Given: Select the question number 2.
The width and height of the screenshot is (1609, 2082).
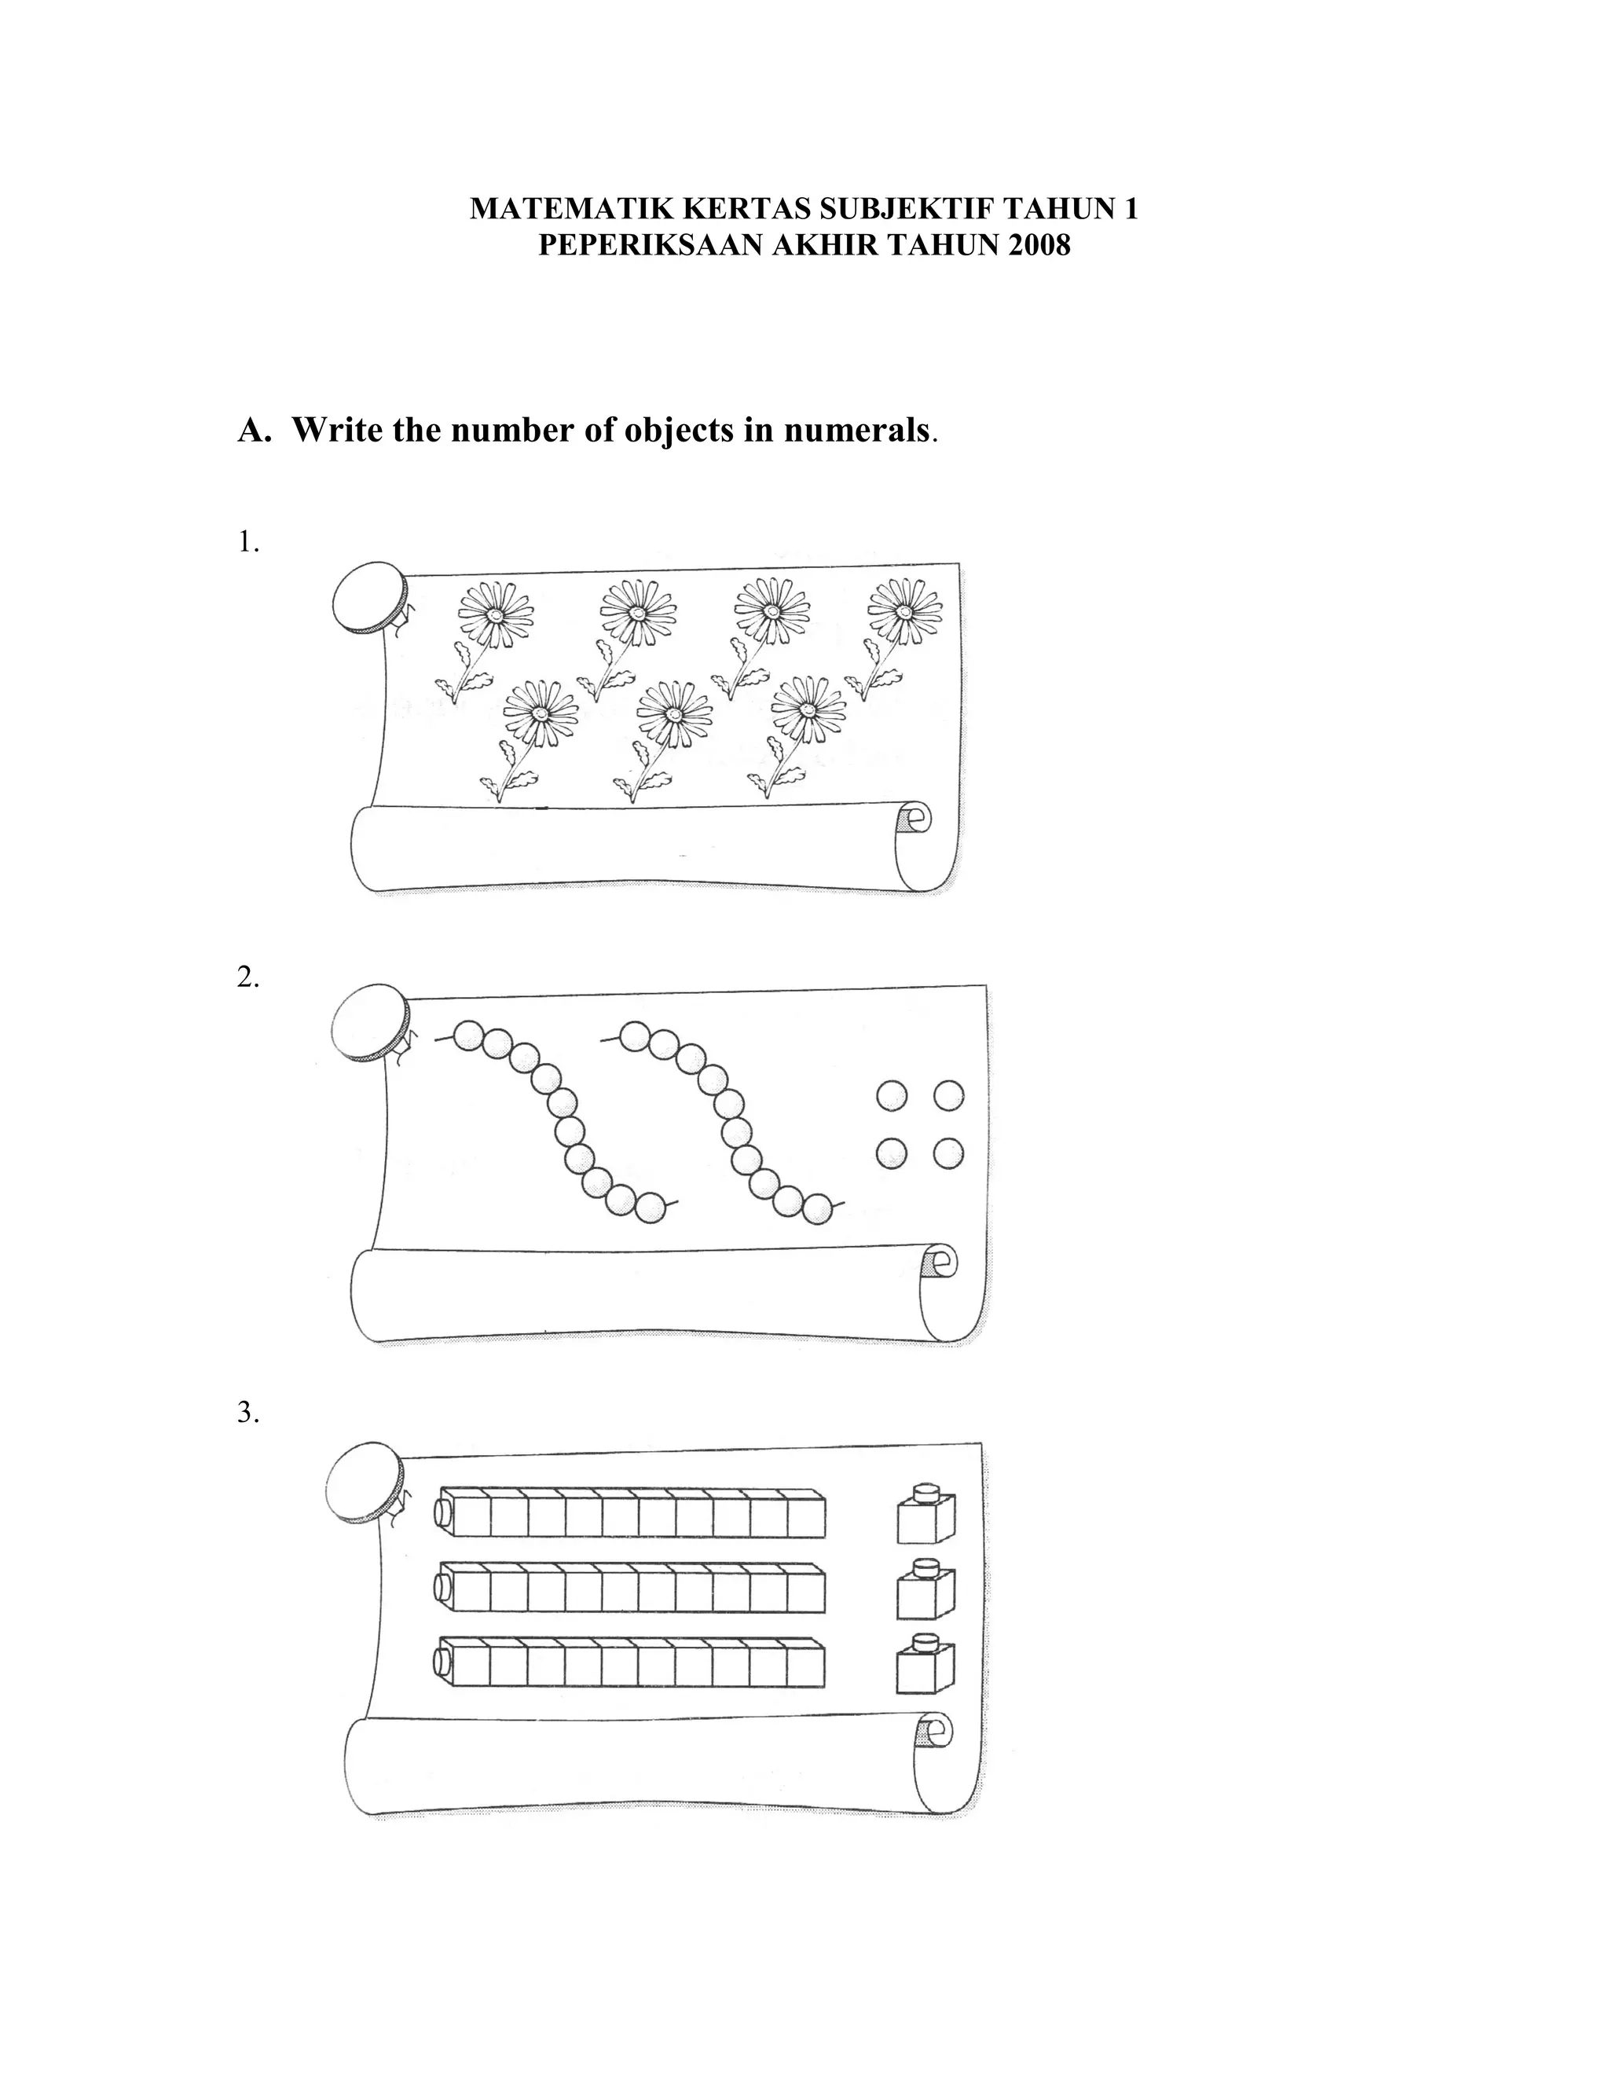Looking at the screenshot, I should coord(247,977).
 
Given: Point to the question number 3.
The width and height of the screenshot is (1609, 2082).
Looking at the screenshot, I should coord(247,1412).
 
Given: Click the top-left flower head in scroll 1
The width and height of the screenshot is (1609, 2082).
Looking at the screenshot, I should coord(495,615).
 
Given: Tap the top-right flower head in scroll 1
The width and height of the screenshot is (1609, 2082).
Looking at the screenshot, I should coord(903,611).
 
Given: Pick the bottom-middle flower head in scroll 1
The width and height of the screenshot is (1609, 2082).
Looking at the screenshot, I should coord(674,715).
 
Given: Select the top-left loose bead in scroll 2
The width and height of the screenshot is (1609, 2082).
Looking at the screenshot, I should coord(891,1095).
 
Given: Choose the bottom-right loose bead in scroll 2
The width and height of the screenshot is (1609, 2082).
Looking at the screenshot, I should coord(948,1154).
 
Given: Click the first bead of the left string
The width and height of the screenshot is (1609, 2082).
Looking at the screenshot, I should coord(468,1036).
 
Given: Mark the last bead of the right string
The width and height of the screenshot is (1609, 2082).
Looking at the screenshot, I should coord(817,1209).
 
